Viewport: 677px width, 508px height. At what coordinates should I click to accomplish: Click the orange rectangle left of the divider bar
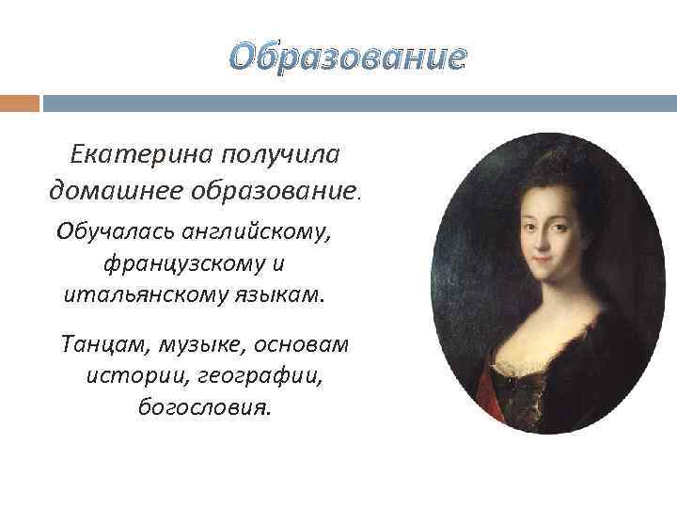(x=20, y=103)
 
